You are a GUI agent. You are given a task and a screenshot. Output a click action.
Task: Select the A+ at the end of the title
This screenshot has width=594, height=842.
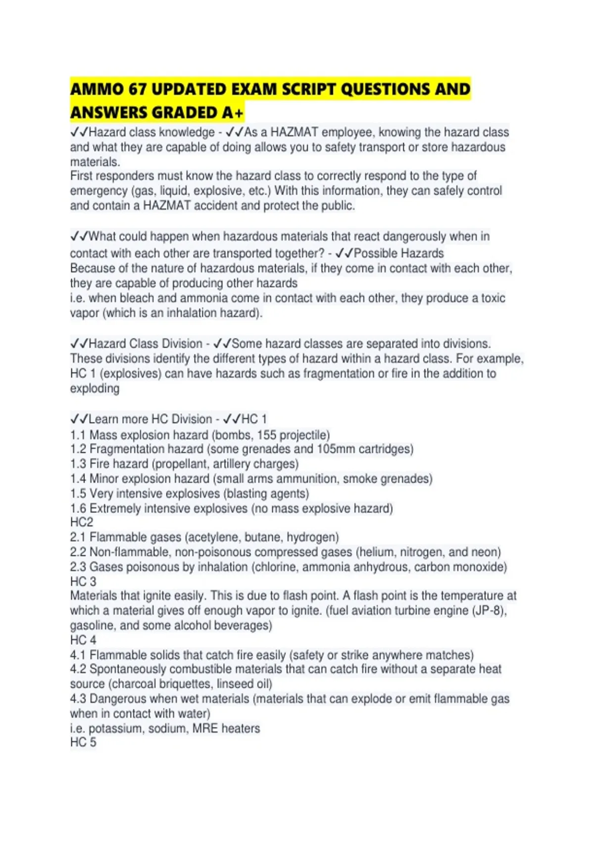tap(232, 113)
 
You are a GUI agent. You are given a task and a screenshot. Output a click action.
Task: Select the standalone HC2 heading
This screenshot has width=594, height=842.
tap(82, 523)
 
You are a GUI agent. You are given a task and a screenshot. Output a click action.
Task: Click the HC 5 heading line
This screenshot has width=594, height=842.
tap(83, 742)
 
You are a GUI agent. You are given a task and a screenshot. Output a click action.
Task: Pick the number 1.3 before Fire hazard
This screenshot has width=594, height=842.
tap(78, 464)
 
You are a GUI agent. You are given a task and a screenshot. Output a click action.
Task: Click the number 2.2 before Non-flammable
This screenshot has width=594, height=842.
tap(78, 552)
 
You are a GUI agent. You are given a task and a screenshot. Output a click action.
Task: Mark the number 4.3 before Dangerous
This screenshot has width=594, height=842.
tap(78, 699)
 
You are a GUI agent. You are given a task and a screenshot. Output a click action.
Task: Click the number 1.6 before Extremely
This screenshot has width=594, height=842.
tap(78, 509)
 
